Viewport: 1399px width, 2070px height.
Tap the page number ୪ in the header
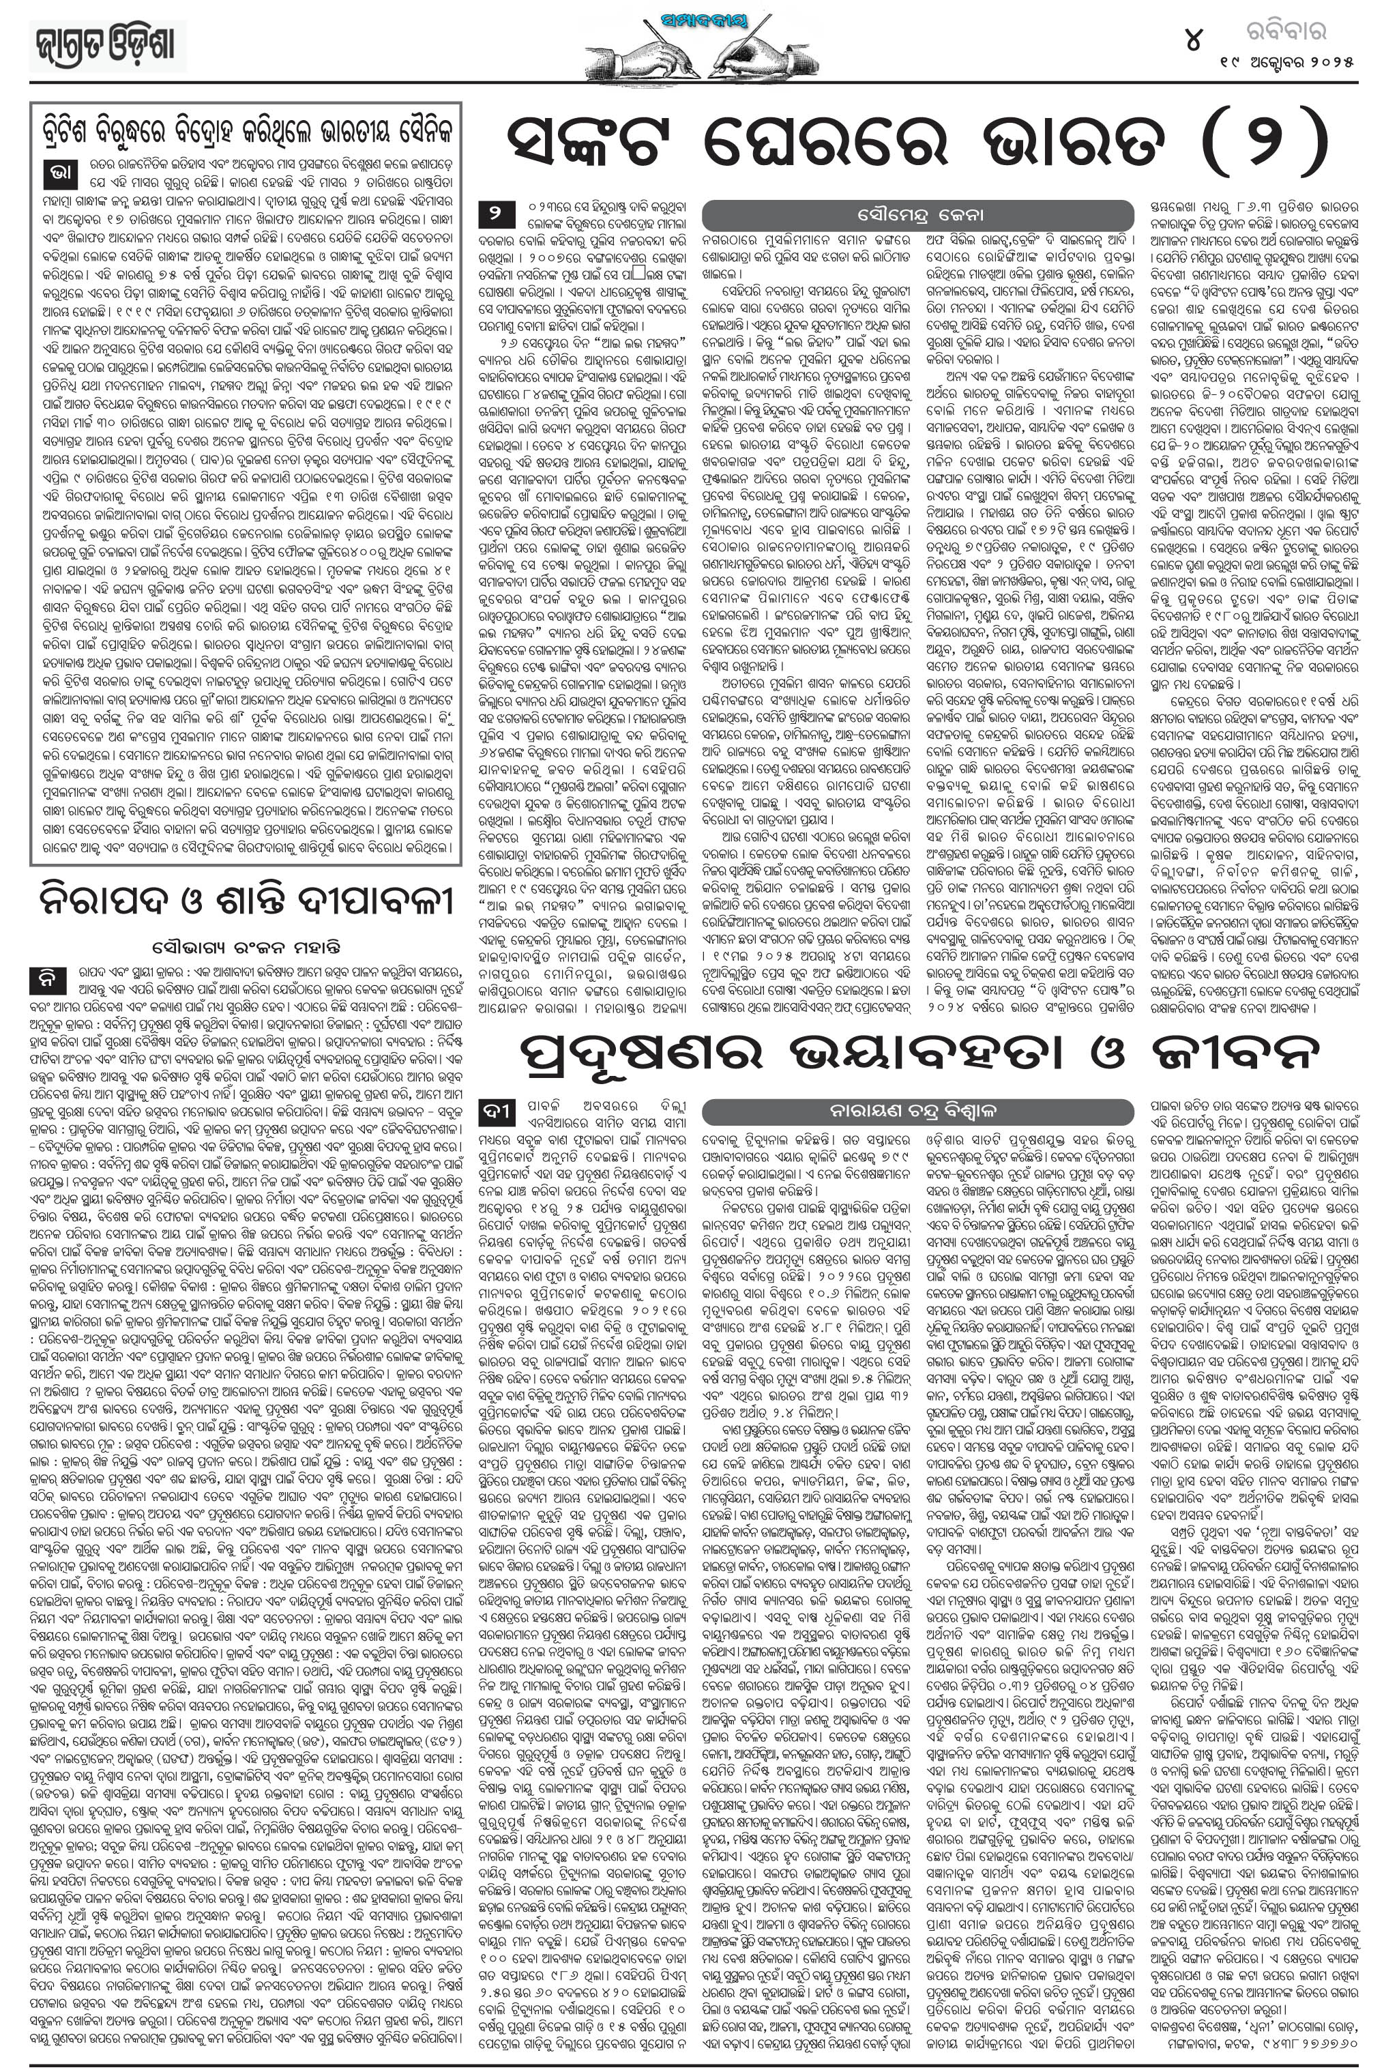[1192, 40]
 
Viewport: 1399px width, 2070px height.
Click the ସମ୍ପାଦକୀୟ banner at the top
[703, 20]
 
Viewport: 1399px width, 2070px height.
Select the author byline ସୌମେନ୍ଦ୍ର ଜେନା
[917, 216]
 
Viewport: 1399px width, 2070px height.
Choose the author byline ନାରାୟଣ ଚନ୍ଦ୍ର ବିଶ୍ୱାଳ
[917, 1111]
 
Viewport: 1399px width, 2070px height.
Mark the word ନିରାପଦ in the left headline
[107, 902]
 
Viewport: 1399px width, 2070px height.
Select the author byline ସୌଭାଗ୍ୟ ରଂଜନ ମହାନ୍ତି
[245, 944]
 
